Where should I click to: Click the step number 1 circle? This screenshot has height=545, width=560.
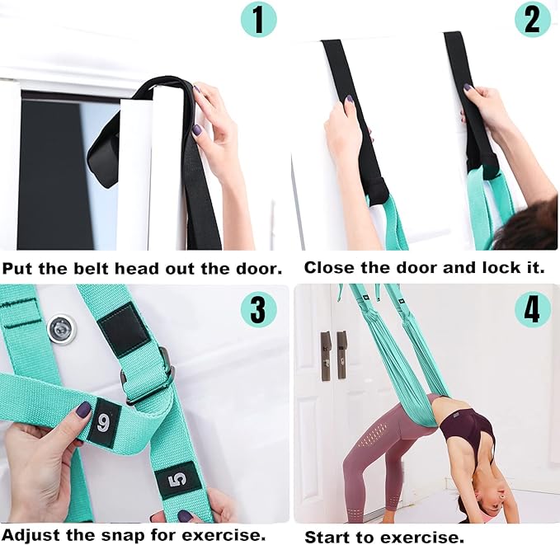point(259,20)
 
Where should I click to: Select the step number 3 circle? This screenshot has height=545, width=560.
point(259,309)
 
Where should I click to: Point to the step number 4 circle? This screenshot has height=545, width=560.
point(533,309)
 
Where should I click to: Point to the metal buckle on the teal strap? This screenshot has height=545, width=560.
point(149,374)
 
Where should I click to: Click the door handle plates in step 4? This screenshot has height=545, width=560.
point(333,355)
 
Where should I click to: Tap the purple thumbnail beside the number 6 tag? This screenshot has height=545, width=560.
point(83,410)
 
